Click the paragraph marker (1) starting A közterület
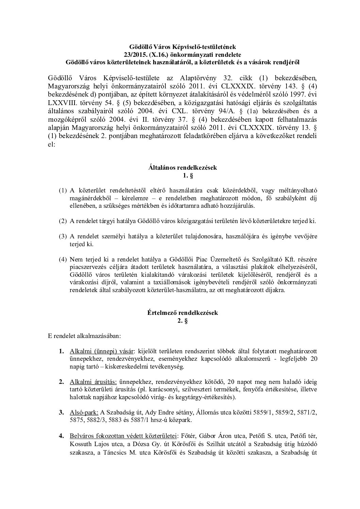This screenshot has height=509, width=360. [x=63, y=191]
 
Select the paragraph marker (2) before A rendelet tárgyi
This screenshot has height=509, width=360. [x=63, y=221]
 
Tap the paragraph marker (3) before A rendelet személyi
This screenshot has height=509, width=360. [x=63, y=236]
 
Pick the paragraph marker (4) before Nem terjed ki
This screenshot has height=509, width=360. [x=63, y=259]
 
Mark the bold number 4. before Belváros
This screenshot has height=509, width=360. [x=61, y=436]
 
